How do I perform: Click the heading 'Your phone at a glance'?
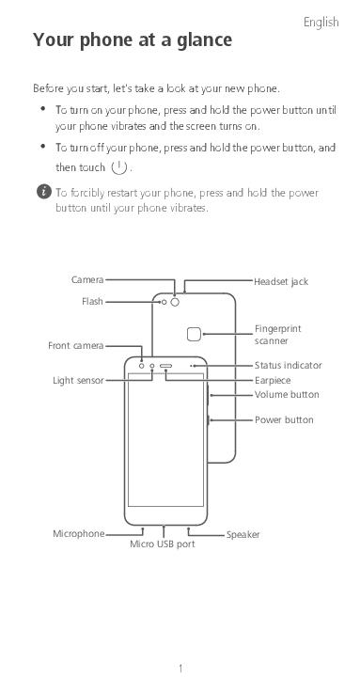click(133, 40)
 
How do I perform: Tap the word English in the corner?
click(321, 23)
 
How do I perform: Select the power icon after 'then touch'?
click(119, 167)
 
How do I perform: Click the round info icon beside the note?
click(44, 192)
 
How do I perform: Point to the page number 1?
click(180, 669)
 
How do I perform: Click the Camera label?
click(87, 279)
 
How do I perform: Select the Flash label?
click(92, 302)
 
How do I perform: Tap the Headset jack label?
click(281, 281)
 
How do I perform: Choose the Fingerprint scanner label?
click(277, 335)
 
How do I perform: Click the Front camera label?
click(75, 346)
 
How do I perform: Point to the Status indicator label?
click(288, 365)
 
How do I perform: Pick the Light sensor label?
click(78, 380)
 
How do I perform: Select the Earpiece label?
click(273, 380)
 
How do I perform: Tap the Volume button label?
click(287, 394)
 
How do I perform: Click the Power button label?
click(284, 419)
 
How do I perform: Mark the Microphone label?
click(79, 534)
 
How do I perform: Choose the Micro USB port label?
click(163, 544)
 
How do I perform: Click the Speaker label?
click(243, 535)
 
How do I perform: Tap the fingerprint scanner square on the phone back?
click(194, 334)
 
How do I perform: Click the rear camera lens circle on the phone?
click(175, 302)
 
